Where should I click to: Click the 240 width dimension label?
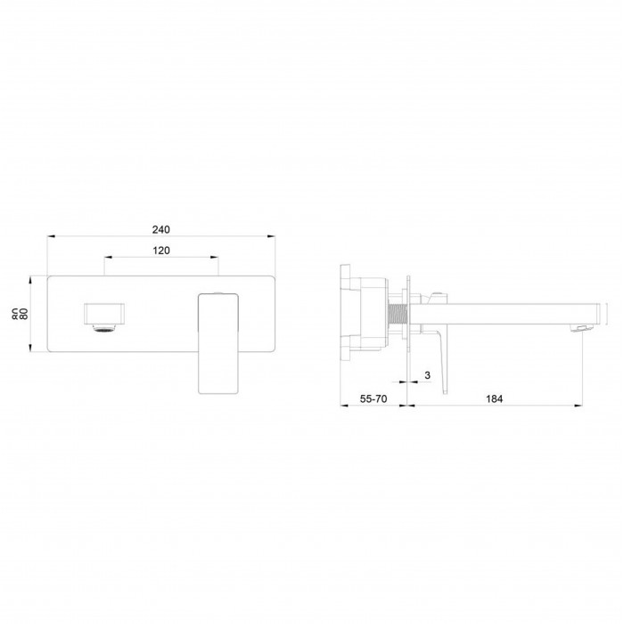pos(160,230)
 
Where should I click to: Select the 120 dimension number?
pos(160,250)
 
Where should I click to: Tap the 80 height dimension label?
pos(24,314)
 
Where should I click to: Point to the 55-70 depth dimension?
pos(374,398)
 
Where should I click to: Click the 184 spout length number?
pos(494,398)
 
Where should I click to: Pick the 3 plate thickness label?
pos(427,375)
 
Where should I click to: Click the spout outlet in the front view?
pos(104,315)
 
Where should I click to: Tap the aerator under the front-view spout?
pos(104,329)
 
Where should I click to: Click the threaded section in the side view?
pos(396,315)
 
